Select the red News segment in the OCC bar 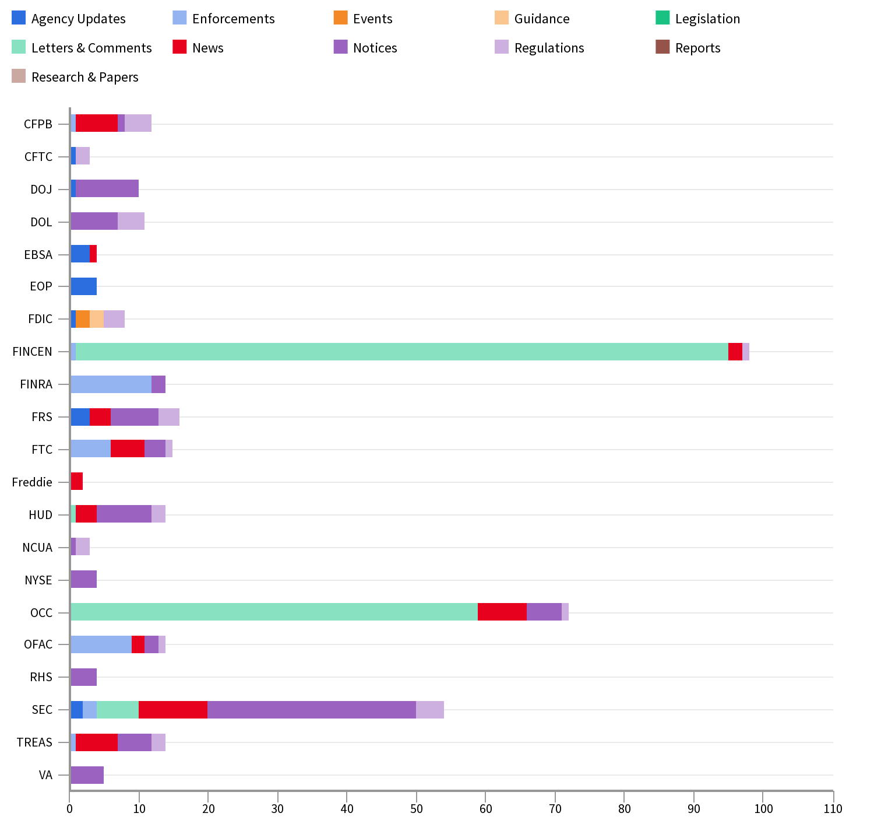[x=502, y=612]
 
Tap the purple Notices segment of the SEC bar [x=312, y=710]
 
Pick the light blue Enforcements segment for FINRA [x=111, y=384]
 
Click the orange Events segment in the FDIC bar [x=83, y=319]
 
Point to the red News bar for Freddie [x=77, y=482]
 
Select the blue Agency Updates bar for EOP [x=84, y=286]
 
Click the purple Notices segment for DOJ [x=107, y=189]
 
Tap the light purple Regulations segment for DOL [x=131, y=222]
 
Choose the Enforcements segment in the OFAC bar [x=101, y=644]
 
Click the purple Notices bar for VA [x=87, y=775]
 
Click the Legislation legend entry [x=707, y=19]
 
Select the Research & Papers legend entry [x=84, y=77]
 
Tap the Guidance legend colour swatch [x=501, y=18]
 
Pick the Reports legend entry [x=697, y=48]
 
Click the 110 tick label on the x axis [x=833, y=808]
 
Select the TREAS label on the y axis [x=34, y=742]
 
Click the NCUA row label [x=37, y=548]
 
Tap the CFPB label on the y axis [x=38, y=124]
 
